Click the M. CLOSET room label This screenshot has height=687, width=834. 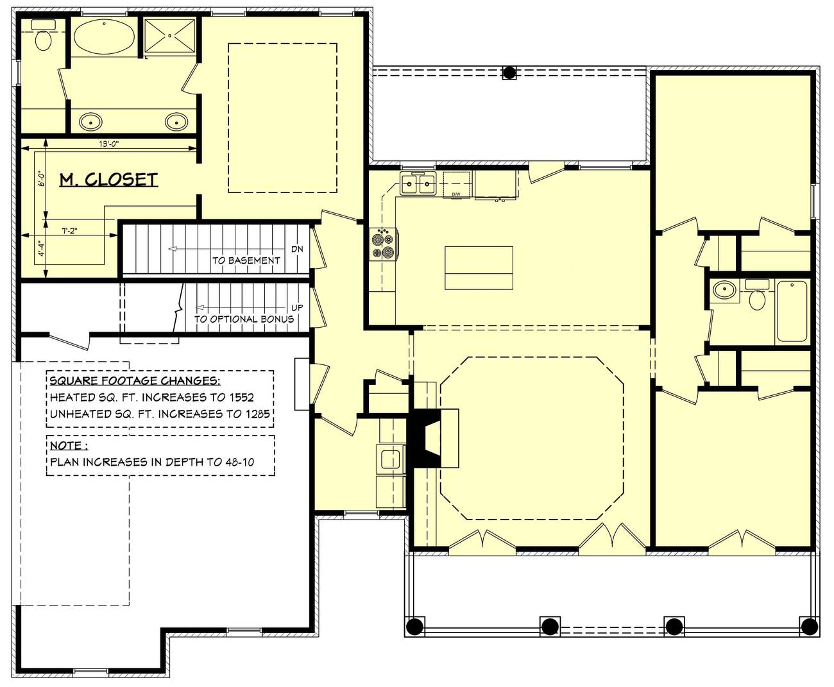click(x=108, y=180)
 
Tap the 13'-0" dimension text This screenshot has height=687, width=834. click(x=109, y=144)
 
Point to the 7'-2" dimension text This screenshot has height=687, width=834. click(x=69, y=230)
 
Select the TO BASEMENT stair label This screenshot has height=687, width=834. click(x=246, y=260)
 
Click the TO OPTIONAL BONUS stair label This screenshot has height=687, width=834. click(x=244, y=319)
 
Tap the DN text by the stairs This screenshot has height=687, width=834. click(x=297, y=250)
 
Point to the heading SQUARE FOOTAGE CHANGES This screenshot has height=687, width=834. click(x=135, y=380)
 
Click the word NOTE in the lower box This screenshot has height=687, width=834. click(x=66, y=445)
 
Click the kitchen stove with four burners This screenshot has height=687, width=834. click(x=383, y=244)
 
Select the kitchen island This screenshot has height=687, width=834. click(x=479, y=267)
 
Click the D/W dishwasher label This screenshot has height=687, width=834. click(x=456, y=194)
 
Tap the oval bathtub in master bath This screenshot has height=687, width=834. click(x=105, y=37)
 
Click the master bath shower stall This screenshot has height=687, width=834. click(x=170, y=35)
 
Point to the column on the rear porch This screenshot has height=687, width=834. click(x=509, y=72)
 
